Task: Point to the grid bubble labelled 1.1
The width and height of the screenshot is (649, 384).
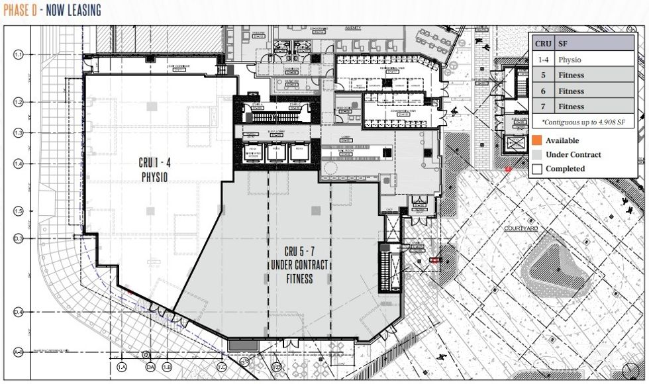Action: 19,54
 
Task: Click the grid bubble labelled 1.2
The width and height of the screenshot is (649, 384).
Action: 19,102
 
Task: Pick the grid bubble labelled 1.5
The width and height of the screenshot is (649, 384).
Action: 19,211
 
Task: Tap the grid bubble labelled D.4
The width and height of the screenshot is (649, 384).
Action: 19,312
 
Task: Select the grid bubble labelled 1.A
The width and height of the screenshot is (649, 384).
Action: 121,366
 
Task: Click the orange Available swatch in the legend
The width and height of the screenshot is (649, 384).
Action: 536,140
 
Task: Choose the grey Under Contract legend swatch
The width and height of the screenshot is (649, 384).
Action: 536,154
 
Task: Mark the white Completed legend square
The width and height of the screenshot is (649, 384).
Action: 536,169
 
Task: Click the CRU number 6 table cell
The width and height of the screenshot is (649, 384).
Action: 543,91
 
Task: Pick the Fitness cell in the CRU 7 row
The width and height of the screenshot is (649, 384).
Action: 571,106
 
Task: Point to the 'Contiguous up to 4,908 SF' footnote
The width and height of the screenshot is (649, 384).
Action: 583,122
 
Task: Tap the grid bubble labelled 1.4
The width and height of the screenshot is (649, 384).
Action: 19,163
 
